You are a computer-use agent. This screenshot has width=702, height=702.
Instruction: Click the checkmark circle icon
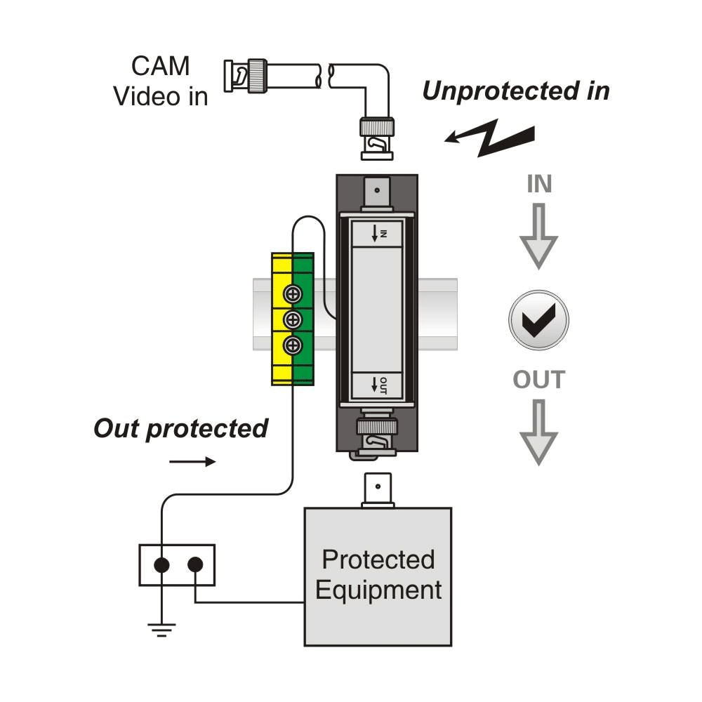tap(538, 319)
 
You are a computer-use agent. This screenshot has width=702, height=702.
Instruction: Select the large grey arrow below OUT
tap(538, 432)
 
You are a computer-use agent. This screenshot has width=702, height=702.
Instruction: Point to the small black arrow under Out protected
tap(192, 462)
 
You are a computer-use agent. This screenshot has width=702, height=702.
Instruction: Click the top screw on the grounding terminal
tap(293, 293)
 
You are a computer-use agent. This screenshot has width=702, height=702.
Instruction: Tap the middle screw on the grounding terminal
tap(293, 319)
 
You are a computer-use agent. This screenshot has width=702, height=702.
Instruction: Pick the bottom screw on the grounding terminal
tap(293, 345)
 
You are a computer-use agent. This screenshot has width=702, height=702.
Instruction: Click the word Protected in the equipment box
tap(378, 559)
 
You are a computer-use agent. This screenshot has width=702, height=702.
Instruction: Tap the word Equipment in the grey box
tap(378, 590)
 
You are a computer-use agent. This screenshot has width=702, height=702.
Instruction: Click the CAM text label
tap(161, 66)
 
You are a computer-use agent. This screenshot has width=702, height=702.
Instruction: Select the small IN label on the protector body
tap(380, 232)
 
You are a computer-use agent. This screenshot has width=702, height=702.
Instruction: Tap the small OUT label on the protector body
tap(380, 385)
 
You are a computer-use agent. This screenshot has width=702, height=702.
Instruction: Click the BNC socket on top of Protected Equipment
tap(378, 490)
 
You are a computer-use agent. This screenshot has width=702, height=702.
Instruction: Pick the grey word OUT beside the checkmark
tap(538, 380)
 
